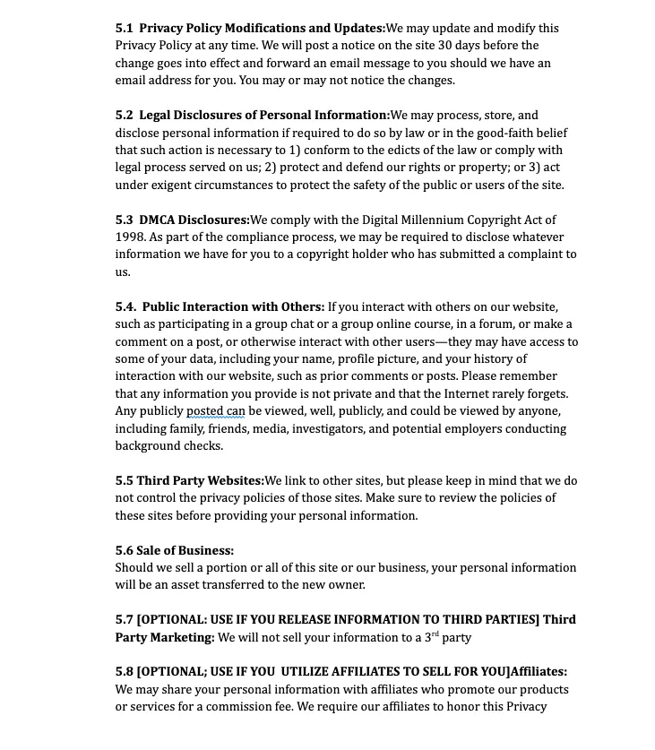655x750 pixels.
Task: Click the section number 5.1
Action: point(124,29)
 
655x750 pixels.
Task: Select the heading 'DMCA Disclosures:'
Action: point(194,220)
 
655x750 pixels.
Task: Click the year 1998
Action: point(129,237)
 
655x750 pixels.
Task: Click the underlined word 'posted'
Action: point(204,411)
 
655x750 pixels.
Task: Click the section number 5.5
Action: point(124,481)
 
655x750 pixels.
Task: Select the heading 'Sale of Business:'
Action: point(185,551)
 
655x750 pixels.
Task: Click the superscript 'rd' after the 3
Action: point(434,634)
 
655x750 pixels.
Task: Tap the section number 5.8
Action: point(124,672)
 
